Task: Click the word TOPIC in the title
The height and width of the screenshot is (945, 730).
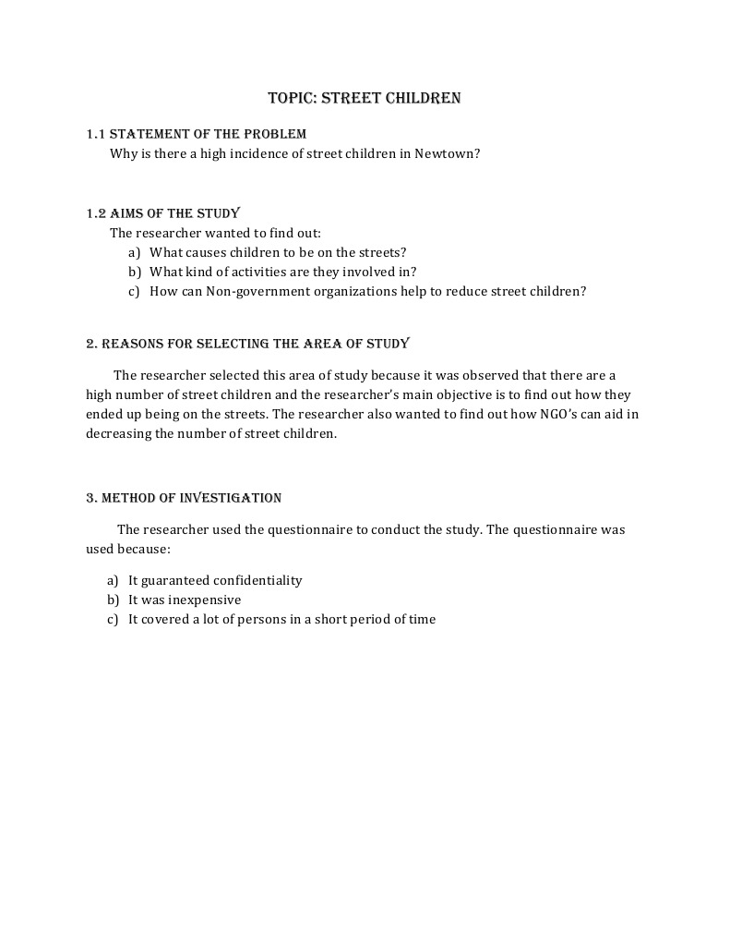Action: [290, 97]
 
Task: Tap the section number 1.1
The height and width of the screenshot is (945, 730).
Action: [95, 134]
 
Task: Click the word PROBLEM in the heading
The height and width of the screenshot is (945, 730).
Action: [273, 134]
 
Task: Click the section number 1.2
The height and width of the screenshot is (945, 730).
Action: [96, 213]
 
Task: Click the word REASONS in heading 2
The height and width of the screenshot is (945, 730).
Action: [131, 344]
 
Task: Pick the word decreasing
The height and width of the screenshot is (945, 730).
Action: [117, 433]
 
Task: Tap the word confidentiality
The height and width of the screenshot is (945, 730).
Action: [257, 580]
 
